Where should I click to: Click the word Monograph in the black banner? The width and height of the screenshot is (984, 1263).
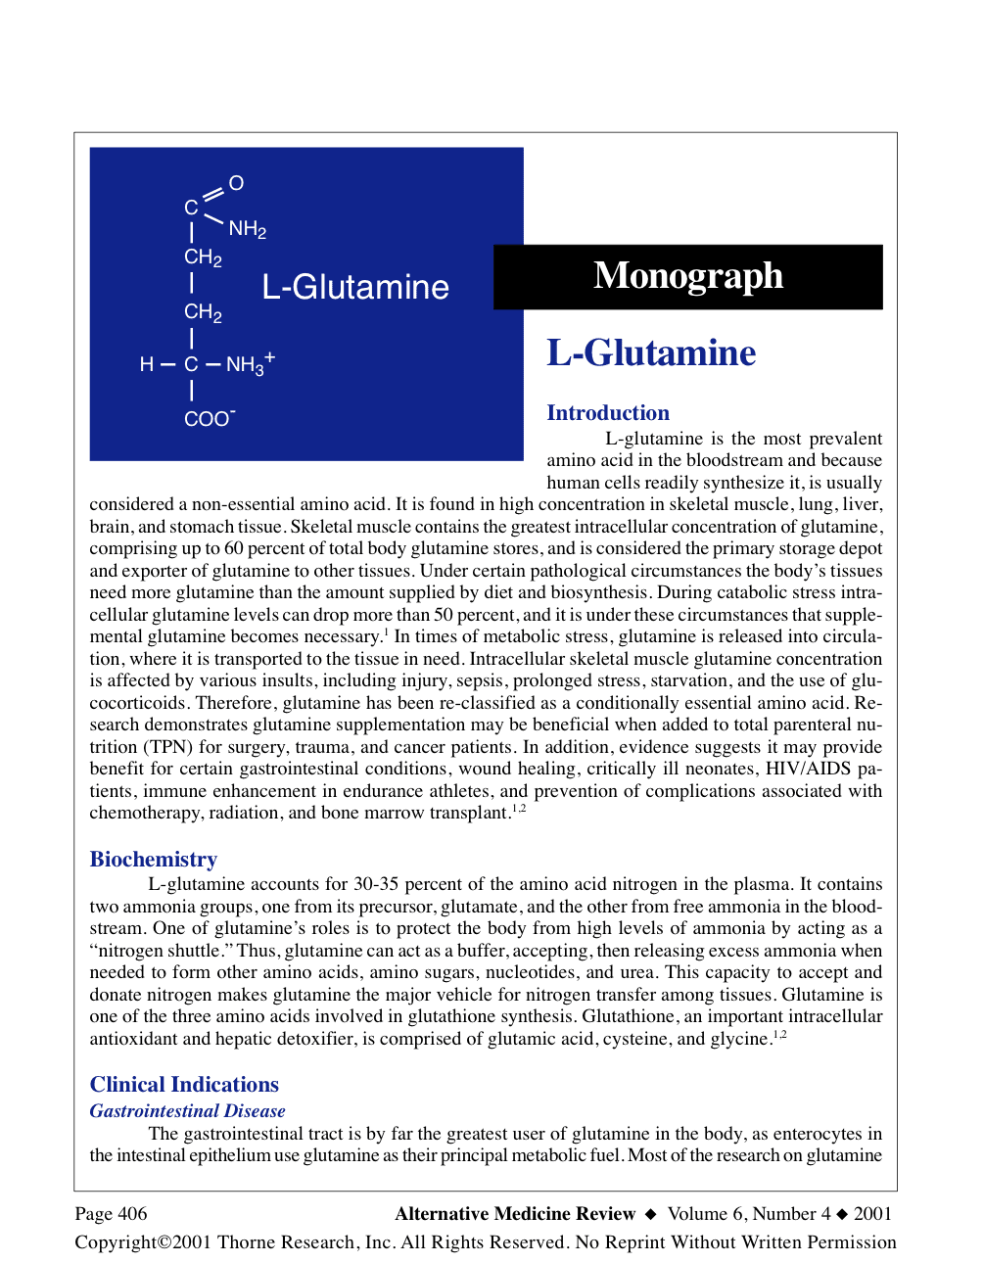click(687, 276)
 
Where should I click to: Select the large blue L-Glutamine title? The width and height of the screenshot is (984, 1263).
click(651, 353)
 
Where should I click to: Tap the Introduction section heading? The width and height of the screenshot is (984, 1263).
click(608, 413)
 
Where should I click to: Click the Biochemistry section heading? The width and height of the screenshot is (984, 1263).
click(154, 860)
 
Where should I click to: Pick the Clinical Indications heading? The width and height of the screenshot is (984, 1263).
click(184, 1085)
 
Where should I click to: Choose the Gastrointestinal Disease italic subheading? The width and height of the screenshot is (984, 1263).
click(187, 1111)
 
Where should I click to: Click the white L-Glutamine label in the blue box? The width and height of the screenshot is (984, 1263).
click(355, 287)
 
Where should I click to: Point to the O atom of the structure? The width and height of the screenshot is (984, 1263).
click(236, 183)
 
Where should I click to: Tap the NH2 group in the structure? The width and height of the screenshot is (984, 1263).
click(247, 229)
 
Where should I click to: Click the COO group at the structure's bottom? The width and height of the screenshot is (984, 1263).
click(209, 419)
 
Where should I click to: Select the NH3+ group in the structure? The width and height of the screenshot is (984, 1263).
click(250, 364)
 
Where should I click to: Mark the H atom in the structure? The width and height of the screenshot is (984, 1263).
click(147, 364)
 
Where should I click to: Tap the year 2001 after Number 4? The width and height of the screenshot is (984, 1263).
click(872, 1214)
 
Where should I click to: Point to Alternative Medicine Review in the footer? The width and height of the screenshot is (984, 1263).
click(515, 1214)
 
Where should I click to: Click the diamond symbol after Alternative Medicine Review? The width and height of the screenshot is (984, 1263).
click(651, 1215)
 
